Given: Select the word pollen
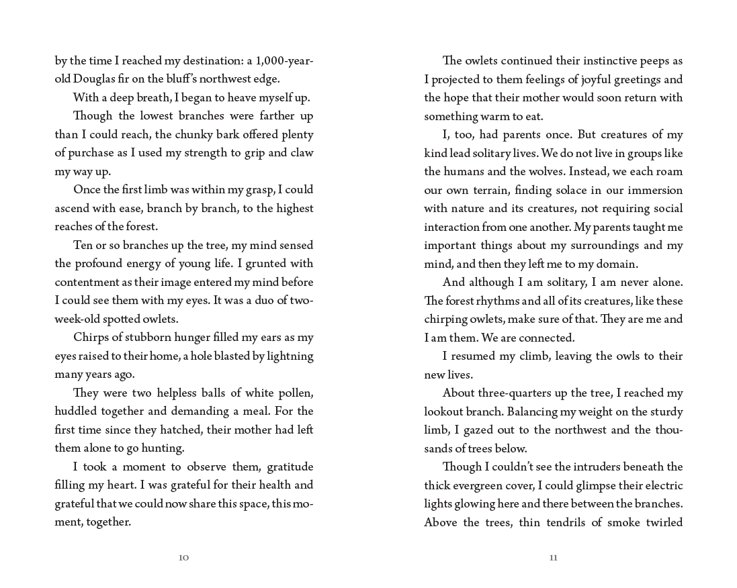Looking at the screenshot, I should click(x=296, y=393).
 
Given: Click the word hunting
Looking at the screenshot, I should click(x=163, y=448).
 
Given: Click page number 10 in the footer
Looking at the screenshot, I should click(x=183, y=558).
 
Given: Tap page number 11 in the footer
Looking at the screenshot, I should click(x=553, y=558).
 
